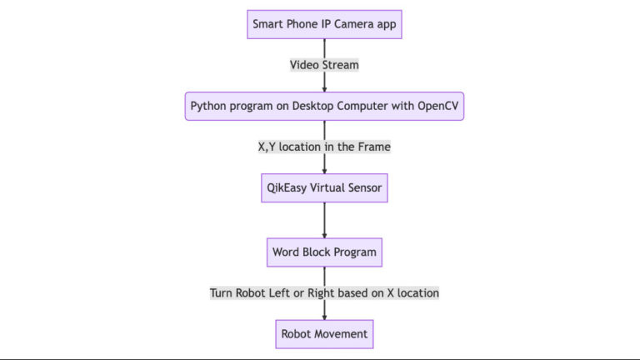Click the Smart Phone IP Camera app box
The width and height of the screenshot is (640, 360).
(x=324, y=23)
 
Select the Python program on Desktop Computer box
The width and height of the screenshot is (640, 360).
(x=324, y=106)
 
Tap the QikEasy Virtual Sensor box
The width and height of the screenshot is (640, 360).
(x=324, y=187)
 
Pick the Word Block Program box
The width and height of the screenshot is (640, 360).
(x=324, y=252)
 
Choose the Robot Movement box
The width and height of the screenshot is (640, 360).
(x=324, y=333)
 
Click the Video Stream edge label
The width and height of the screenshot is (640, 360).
(x=324, y=64)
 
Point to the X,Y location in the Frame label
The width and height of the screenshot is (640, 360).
(x=324, y=147)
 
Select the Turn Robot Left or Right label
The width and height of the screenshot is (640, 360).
(x=324, y=292)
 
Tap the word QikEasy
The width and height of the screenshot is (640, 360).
(x=285, y=187)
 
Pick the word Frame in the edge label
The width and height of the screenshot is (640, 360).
(x=372, y=147)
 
